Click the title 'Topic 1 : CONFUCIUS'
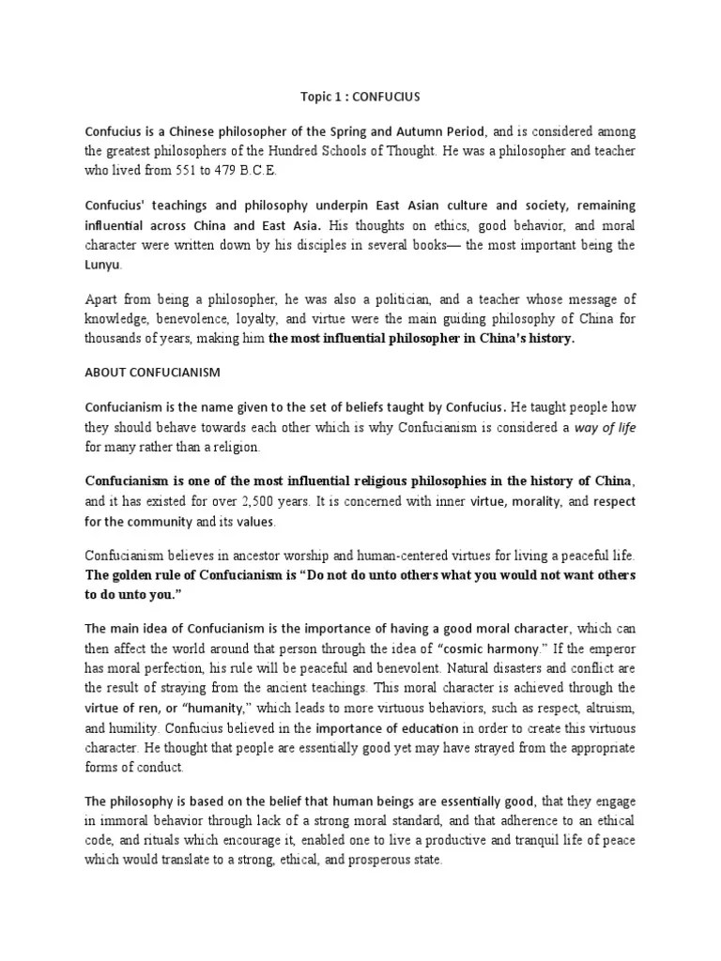[360, 95]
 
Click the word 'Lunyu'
[104, 266]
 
